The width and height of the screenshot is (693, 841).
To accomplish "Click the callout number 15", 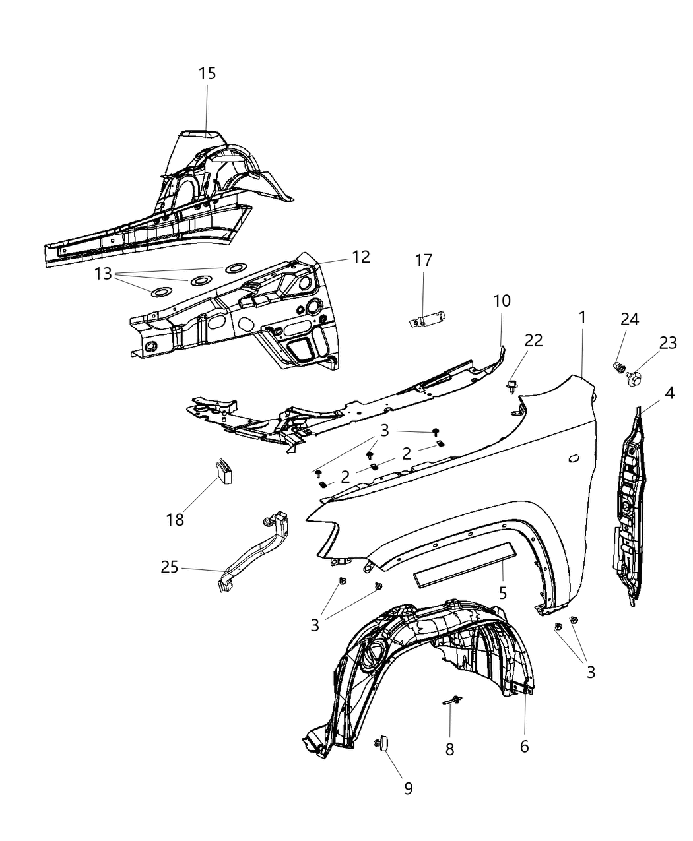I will [x=207, y=73].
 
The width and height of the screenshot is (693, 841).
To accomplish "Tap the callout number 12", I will [x=361, y=257].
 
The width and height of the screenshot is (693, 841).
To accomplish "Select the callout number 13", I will [x=104, y=274].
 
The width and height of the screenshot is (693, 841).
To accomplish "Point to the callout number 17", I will [x=424, y=261].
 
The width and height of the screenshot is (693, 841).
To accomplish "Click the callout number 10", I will [x=502, y=301].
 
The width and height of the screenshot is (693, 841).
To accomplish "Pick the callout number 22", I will [x=533, y=340].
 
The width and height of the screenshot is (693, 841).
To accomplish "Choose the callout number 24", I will [x=630, y=319].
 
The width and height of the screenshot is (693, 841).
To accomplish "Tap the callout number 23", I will [x=668, y=342].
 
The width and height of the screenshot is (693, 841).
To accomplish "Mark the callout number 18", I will [x=175, y=520].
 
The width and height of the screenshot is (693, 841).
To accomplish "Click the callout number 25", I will [x=170, y=567].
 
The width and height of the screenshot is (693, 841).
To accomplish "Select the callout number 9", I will [x=409, y=788].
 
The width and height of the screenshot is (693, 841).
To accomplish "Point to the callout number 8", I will [x=449, y=750].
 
